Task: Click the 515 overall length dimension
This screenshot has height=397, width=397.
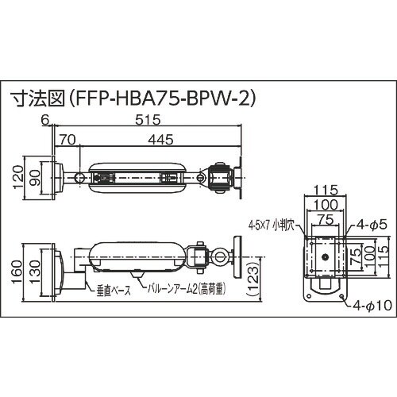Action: coord(147,121)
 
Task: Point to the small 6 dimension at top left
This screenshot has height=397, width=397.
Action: coord(45,121)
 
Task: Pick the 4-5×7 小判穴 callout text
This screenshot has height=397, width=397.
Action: coord(272,225)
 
